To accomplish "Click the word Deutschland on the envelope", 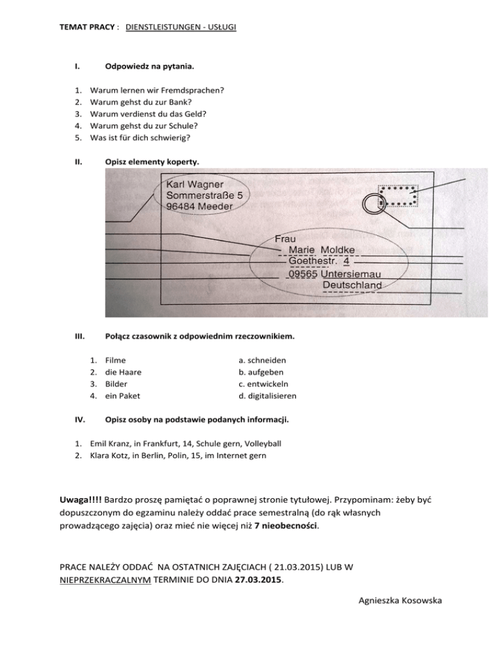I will [352, 286].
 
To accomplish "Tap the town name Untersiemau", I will [352, 275].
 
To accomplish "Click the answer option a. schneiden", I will [263, 360].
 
